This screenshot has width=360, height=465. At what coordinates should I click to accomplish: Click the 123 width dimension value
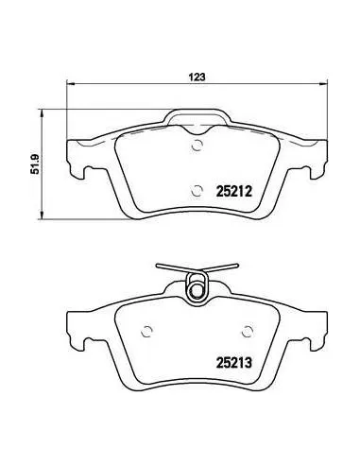pos(197,77)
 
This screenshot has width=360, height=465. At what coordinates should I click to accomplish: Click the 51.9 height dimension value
pos(34,164)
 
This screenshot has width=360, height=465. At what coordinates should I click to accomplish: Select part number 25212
pos(234,191)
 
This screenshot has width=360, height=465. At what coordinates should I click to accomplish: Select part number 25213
pos(234,363)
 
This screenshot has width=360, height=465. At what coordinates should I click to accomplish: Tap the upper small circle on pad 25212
pos(197,146)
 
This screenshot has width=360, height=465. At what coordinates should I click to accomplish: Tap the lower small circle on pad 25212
pos(197,190)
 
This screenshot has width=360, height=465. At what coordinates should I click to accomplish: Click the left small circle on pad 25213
pos(146,331)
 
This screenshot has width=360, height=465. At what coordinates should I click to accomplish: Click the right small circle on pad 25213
pos(248,331)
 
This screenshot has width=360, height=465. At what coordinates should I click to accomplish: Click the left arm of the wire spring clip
pos(173,268)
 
